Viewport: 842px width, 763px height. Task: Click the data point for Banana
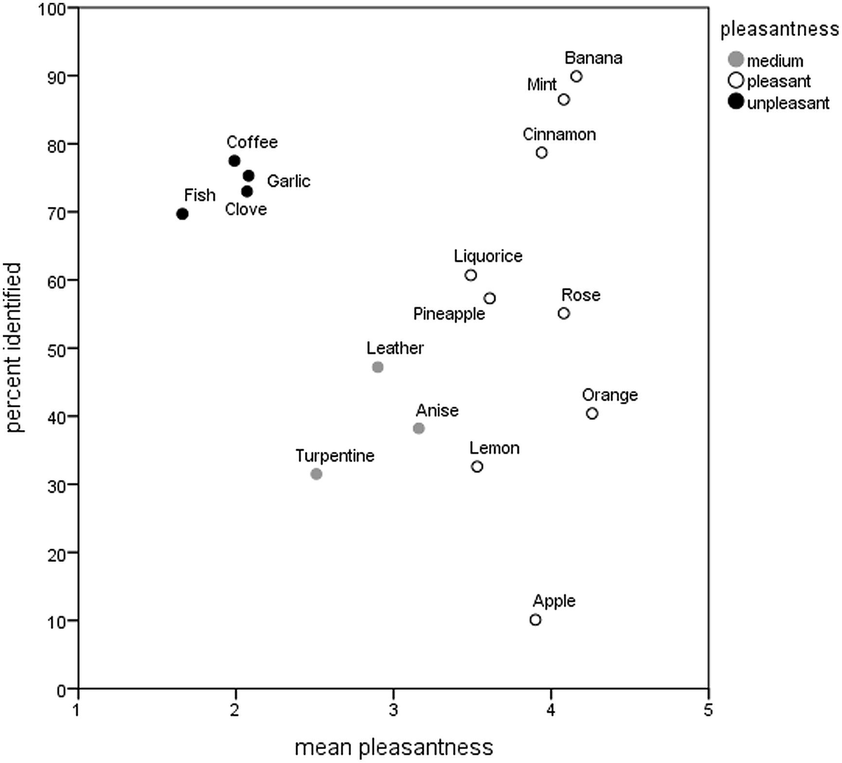[576, 77]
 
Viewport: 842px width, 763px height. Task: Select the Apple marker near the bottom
[535, 620]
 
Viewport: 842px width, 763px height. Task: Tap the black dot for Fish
[182, 214]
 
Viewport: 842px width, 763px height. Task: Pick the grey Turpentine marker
[316, 474]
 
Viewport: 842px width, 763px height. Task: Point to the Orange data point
[592, 413]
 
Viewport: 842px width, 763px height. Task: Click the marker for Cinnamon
[542, 152]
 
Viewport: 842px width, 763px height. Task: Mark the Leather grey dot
[377, 367]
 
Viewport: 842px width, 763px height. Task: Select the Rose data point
[563, 313]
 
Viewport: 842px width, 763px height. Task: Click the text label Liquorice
[488, 256]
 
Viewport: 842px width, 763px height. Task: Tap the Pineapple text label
[449, 314]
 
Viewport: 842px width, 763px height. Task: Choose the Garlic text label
[288, 181]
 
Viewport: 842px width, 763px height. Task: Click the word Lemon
[495, 448]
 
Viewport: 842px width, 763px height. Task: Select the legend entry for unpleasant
[788, 103]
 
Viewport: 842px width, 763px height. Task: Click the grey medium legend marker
[736, 60]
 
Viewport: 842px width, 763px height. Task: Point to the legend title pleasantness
[780, 29]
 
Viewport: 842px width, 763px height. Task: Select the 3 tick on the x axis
[394, 709]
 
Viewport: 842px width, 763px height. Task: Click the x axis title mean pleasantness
[394, 748]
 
